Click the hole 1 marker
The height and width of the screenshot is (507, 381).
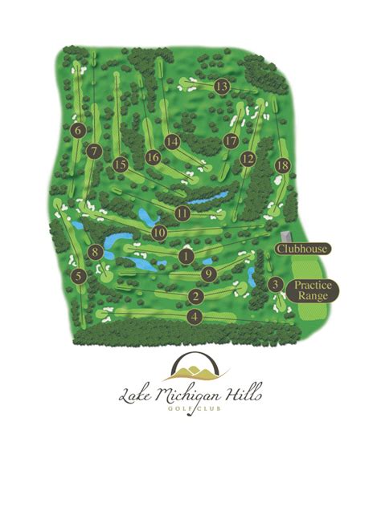coord(186,256)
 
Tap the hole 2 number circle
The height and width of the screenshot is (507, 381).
coord(195,296)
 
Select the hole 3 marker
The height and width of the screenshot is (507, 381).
coord(275,284)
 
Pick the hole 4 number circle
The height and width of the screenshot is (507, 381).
coord(194,317)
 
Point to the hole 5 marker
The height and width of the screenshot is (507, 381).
coord(79,276)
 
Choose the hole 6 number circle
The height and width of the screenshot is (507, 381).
coord(78,130)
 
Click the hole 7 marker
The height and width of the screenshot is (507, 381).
coord(94,150)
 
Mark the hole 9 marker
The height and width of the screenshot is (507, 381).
coord(209,274)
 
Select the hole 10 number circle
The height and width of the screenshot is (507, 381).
coord(158,233)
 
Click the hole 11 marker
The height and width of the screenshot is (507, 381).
coord(182,213)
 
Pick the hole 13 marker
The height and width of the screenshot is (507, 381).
coord(222,86)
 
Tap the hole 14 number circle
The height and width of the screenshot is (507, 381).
coord(172,141)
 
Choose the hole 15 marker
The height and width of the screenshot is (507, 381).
coord(121,164)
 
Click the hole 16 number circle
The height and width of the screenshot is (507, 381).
coord(154,157)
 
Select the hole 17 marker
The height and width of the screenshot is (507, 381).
coord(231,141)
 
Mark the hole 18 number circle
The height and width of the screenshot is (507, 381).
coord(281,165)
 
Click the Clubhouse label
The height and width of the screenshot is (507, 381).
coord(301,249)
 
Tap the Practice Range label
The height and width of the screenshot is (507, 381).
coord(313,290)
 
